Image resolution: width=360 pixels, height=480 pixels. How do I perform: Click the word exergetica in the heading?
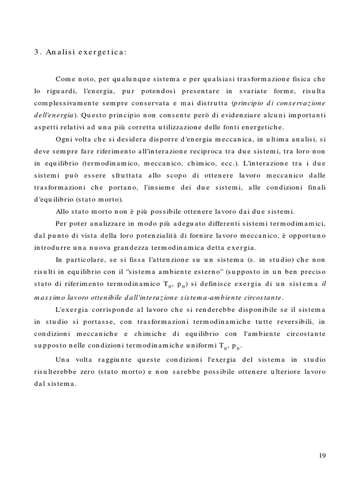104,52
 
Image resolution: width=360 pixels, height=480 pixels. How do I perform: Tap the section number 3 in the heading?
36,52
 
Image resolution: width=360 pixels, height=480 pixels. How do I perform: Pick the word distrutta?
210,102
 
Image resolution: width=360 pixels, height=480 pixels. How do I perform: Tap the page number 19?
322,455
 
